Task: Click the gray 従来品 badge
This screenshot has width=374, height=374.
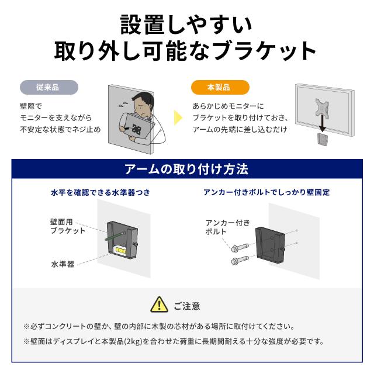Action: coord(49,87)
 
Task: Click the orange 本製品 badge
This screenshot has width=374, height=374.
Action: coord(220,87)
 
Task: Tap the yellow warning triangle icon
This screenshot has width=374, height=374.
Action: coord(160,305)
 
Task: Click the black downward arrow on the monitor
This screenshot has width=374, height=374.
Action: coord(322,123)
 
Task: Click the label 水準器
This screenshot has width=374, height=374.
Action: coord(63,264)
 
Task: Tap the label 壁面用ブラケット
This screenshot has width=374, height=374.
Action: coord(68,226)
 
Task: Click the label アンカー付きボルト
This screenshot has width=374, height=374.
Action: coord(227,227)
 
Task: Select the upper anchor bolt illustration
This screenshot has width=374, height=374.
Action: coord(240,248)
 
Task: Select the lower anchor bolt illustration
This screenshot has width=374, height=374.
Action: coord(240,260)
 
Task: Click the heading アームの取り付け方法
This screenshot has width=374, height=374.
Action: coord(186,169)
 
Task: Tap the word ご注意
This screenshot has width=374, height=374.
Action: coord(187,306)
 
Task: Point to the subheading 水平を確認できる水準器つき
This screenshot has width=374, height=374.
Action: coord(101,192)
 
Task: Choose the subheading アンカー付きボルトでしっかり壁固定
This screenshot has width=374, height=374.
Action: coord(266,192)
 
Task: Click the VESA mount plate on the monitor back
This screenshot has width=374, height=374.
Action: coord(322,107)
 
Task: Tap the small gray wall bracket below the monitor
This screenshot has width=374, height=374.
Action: coord(322,139)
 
